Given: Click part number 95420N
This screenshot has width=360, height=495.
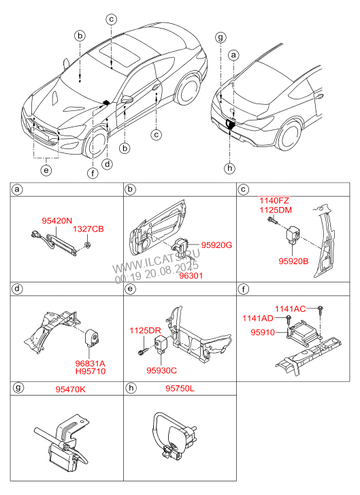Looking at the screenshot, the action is pyautogui.click(x=56, y=221).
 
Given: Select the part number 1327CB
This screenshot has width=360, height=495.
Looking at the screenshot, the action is pyautogui.click(x=88, y=229).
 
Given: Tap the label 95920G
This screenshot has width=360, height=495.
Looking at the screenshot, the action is pyautogui.click(x=216, y=245).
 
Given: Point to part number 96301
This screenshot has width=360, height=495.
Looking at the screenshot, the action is pyautogui.click(x=191, y=276).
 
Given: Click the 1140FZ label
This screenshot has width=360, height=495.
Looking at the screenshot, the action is pyautogui.click(x=274, y=200).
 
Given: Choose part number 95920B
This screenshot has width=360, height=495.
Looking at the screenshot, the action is pyautogui.click(x=293, y=261).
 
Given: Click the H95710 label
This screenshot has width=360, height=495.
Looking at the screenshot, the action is pyautogui.click(x=91, y=371).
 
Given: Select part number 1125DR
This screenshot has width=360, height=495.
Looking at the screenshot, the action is pyautogui.click(x=145, y=331).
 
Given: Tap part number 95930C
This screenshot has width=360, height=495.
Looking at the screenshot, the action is pyautogui.click(x=161, y=370).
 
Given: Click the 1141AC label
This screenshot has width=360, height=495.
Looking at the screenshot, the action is pyautogui.click(x=291, y=308).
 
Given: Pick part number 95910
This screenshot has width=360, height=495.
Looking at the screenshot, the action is pyautogui.click(x=263, y=332).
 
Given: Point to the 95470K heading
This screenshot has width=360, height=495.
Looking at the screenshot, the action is pyautogui.click(x=70, y=389).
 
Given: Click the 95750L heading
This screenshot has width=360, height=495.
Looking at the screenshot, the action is pyautogui.click(x=180, y=388).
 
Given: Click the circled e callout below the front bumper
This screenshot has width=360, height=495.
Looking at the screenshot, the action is pyautogui.click(x=46, y=170).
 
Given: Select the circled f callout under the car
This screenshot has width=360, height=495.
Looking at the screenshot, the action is pyautogui.click(x=93, y=173).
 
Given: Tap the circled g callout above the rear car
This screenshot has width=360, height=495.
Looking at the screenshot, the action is pyautogui.click(x=220, y=37).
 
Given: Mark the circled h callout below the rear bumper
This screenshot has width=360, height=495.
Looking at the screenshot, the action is pyautogui.click(x=230, y=168).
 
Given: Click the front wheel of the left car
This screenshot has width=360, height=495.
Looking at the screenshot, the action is pyautogui.click(x=95, y=143).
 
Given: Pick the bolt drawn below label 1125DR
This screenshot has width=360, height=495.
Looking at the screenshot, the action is pyautogui.click(x=142, y=351).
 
